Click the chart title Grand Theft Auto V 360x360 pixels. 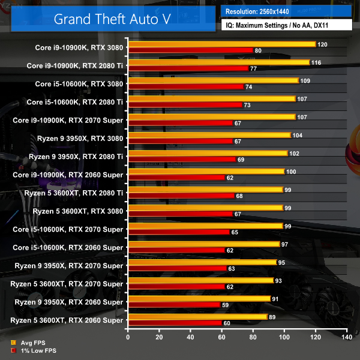point(112,18)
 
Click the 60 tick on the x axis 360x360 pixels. point(221,338)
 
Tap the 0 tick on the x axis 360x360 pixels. point(128,338)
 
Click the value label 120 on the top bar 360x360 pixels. point(322,44)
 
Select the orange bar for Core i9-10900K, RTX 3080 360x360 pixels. point(221,44)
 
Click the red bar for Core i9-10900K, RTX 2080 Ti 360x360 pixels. point(188,69)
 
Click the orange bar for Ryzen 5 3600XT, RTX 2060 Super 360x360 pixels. point(197,317)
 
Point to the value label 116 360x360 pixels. point(316,62)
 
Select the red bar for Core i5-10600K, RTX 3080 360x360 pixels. point(185,87)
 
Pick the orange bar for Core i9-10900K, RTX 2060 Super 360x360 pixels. point(206,172)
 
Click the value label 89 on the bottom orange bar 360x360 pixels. point(274,317)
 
